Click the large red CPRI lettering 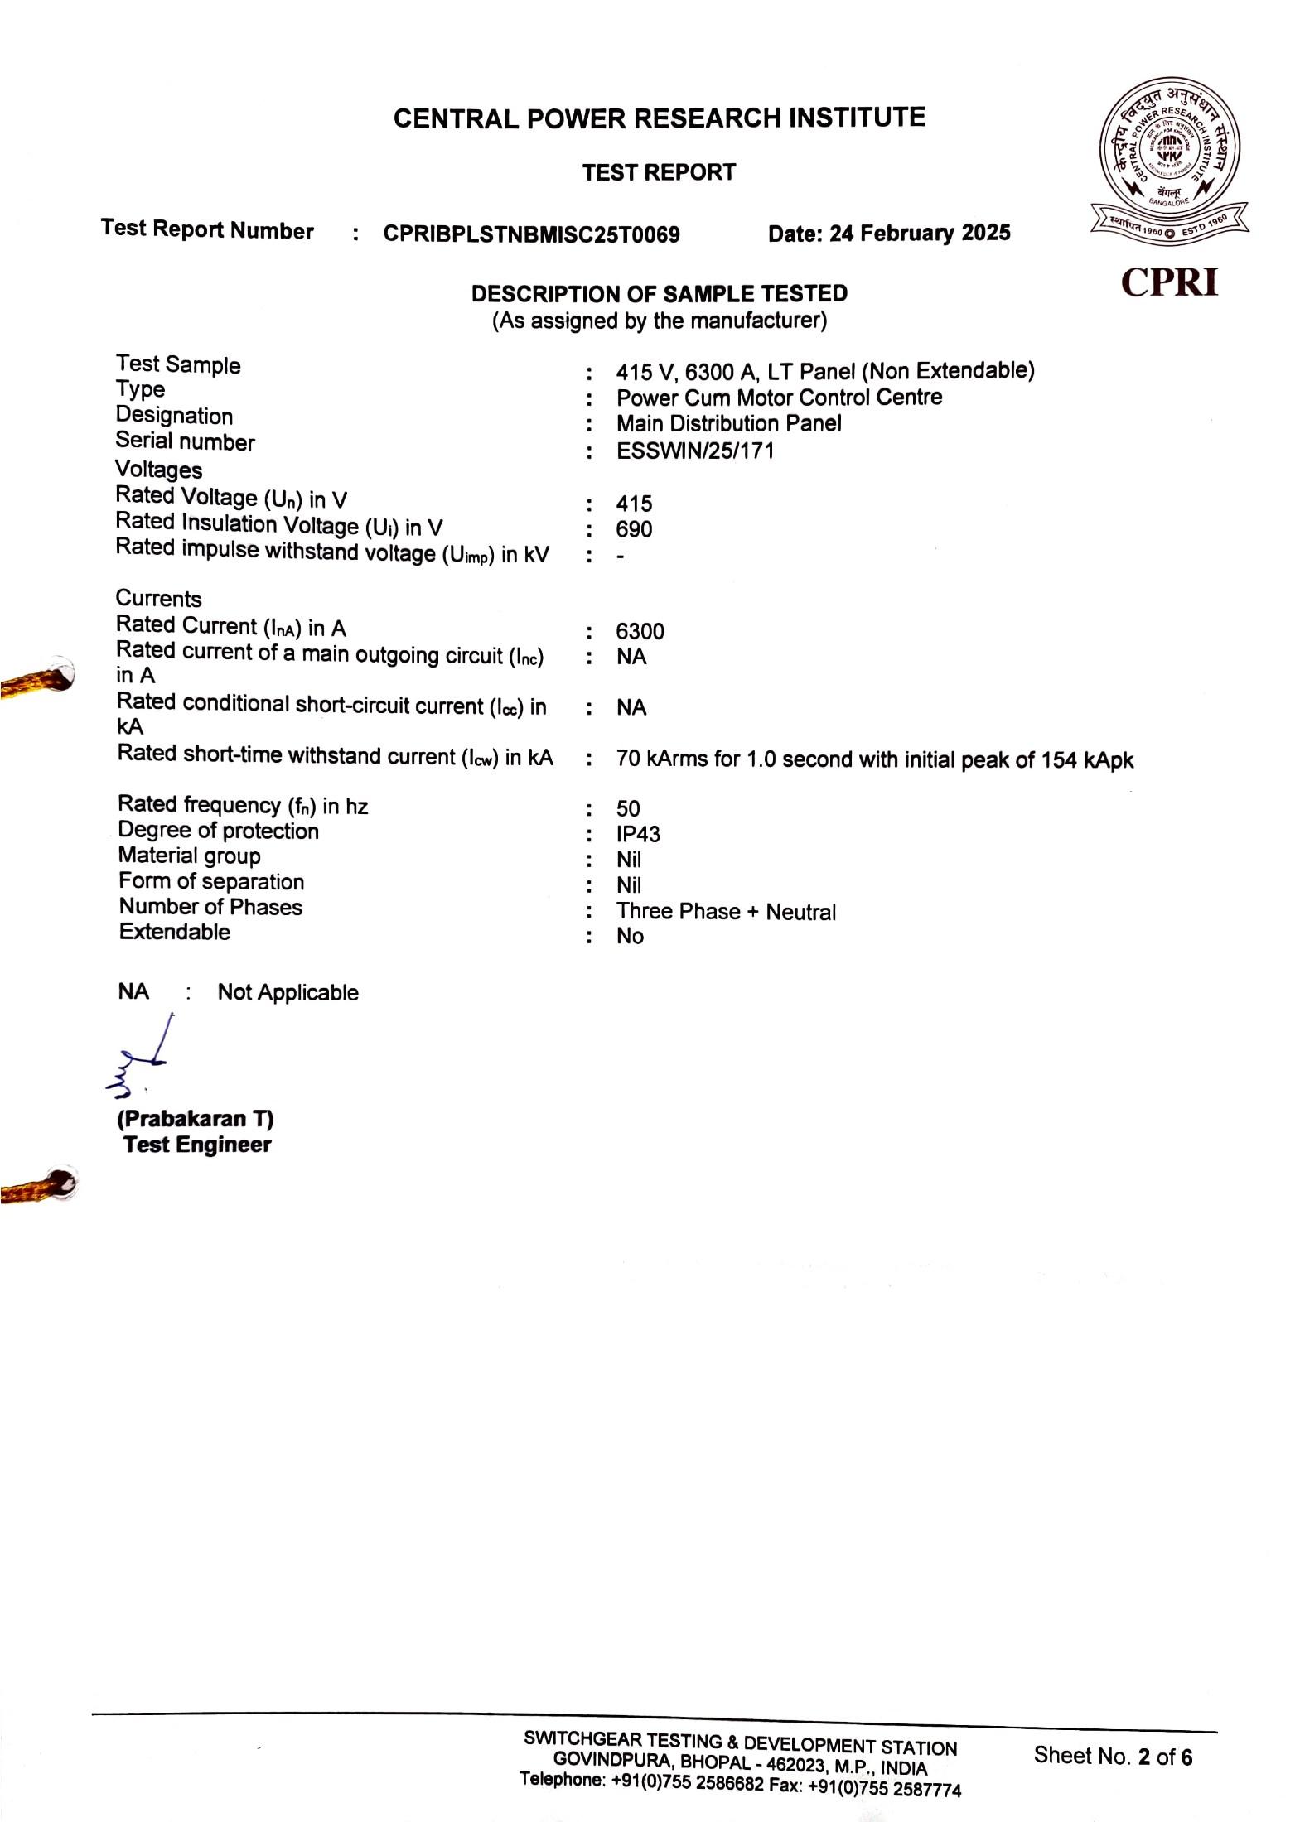point(1169,282)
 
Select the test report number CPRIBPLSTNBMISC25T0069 point(531,234)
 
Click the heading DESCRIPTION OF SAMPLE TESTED point(659,294)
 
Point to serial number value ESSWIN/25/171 point(694,451)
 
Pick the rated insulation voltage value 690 point(634,529)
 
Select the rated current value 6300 point(640,631)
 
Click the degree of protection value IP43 point(638,834)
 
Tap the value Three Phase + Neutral point(726,912)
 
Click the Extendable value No point(630,936)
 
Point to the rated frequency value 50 point(628,808)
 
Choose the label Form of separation point(211,881)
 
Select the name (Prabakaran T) point(196,1119)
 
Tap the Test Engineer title point(197,1145)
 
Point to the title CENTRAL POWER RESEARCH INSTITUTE point(659,118)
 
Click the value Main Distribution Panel point(728,423)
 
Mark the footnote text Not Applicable point(288,992)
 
